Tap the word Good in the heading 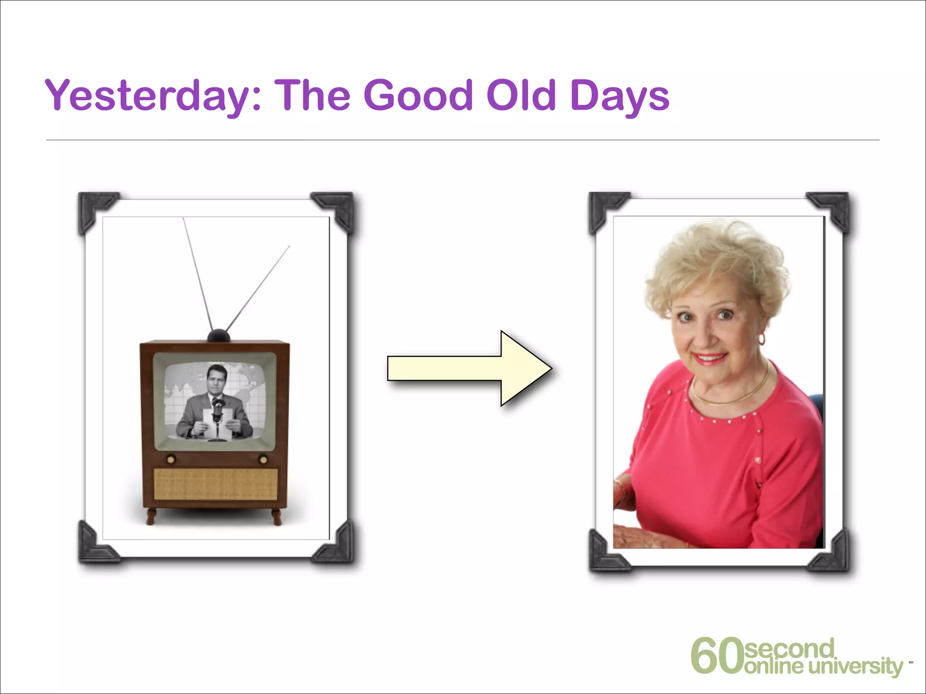[418, 96]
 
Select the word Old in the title [520, 96]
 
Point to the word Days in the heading [619, 96]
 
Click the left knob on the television [170, 460]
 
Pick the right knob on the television [263, 460]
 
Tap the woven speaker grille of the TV [216, 483]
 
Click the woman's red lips [710, 358]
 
